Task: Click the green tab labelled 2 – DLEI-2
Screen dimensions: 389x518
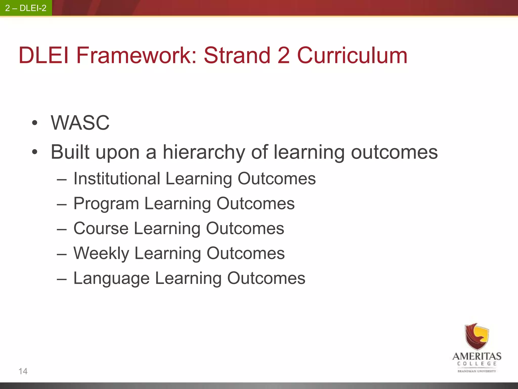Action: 26,8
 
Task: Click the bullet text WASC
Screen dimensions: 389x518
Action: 80,123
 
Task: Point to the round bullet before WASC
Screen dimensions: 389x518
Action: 35,123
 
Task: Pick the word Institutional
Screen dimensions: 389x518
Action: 117,179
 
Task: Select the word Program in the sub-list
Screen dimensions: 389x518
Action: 106,204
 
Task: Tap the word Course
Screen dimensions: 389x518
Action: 101,228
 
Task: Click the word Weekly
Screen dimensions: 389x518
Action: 101,253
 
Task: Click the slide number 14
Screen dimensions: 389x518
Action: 23,371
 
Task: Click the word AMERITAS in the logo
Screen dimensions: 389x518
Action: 477,356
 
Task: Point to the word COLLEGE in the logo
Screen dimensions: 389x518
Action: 477,364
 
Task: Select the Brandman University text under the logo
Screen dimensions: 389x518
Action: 477,371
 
